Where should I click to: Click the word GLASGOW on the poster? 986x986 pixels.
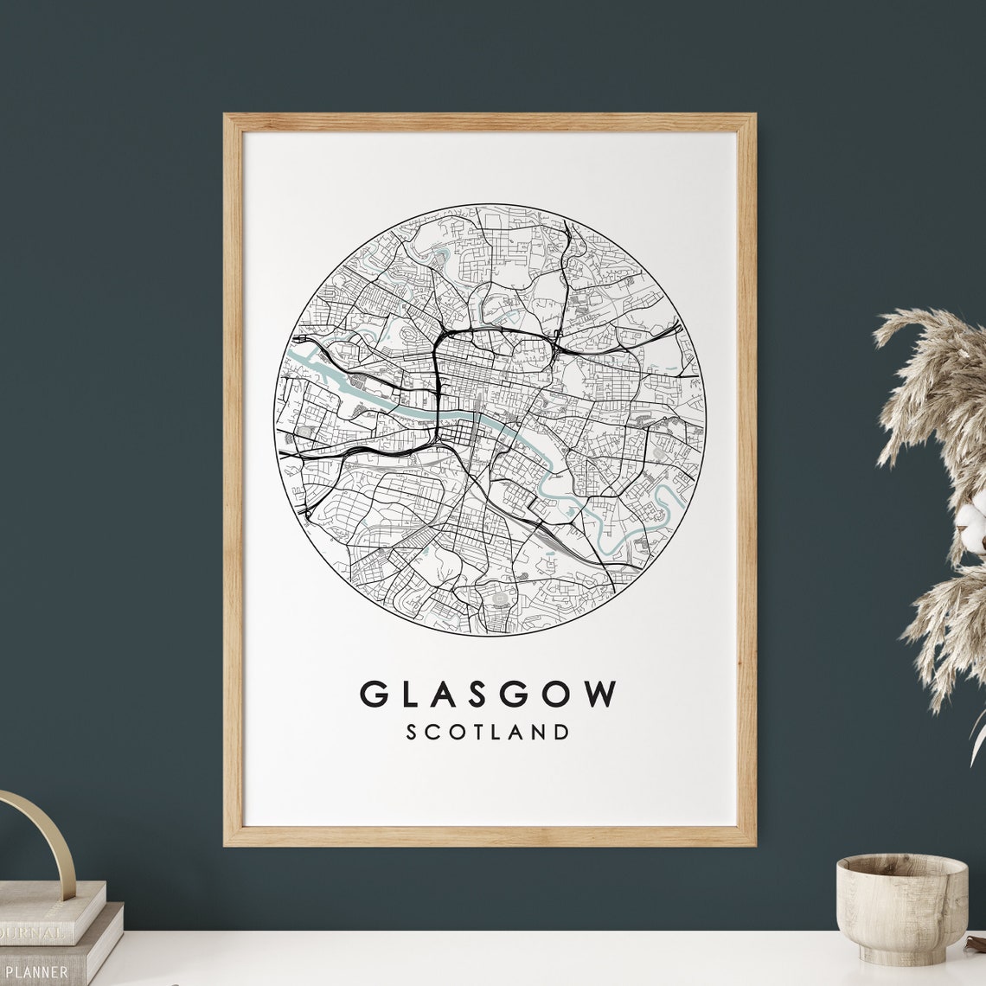tap(489, 694)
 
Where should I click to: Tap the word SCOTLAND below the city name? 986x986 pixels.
tap(489, 732)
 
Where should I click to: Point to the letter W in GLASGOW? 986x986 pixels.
tap(601, 694)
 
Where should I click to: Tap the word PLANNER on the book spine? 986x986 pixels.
tap(35, 972)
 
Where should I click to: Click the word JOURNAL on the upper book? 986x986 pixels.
tap(33, 934)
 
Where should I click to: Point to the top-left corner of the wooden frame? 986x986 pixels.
tap(227, 117)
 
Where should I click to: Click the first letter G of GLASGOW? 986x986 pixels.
tap(373, 694)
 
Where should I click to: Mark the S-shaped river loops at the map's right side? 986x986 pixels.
tap(662, 510)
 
